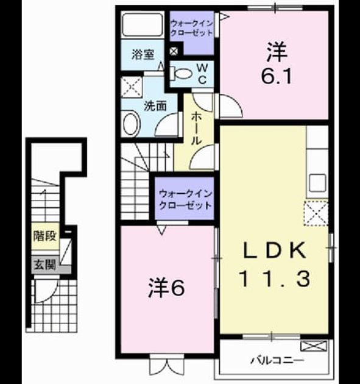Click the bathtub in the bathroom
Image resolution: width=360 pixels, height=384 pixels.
point(143,25)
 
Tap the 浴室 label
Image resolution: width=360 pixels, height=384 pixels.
point(143,55)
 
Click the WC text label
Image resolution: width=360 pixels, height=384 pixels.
point(202,74)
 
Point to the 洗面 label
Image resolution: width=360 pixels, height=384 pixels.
point(155,106)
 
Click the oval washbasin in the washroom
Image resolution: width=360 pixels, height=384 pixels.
point(132,124)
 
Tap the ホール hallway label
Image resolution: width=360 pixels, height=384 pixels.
point(196,128)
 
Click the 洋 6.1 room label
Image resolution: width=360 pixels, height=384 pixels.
point(277,63)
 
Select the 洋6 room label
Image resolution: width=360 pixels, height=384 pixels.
point(166,287)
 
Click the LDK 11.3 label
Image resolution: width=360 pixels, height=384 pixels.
point(275,264)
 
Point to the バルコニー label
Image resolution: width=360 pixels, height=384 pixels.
point(278,360)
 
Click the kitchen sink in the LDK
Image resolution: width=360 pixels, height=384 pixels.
point(317,183)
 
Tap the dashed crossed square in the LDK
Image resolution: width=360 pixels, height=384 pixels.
point(316,213)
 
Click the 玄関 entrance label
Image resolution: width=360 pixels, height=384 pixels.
point(45,265)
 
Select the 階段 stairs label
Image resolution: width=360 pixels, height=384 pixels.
point(45,236)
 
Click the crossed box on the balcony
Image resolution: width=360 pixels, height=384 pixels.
point(314,346)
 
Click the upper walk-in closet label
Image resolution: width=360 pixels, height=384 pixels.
point(192,28)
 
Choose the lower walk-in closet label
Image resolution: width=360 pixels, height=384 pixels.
point(185,200)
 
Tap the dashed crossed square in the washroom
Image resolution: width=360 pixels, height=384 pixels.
point(132,87)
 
